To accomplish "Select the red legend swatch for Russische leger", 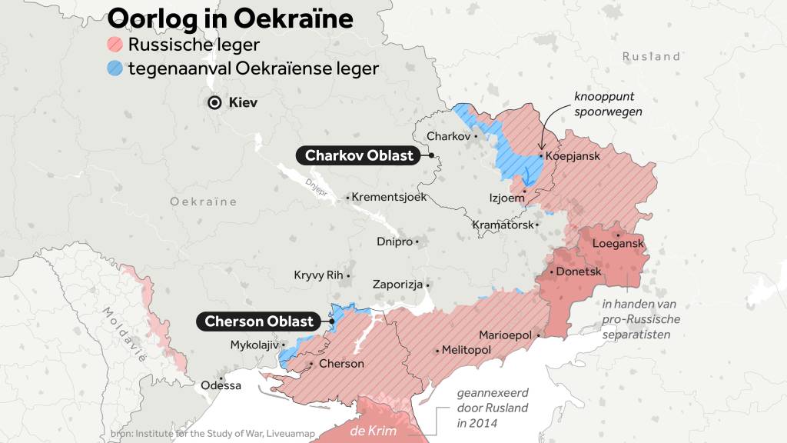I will point(115,44).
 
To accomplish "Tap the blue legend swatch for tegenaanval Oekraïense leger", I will point(115,68).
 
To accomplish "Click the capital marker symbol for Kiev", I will point(215,102).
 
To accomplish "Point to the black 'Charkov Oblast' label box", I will point(359,155).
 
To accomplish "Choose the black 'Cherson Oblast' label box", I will point(259,321).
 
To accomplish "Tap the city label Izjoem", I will point(506,198).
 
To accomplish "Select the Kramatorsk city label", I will point(503,225).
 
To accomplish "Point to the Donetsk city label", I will point(578,271).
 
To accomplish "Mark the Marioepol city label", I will point(506,335).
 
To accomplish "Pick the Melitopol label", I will point(467,350).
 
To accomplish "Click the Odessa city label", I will point(221,385).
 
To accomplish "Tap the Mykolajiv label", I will point(254,345).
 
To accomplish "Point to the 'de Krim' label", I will point(373,431).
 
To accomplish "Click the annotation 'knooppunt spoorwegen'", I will point(607,104).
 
